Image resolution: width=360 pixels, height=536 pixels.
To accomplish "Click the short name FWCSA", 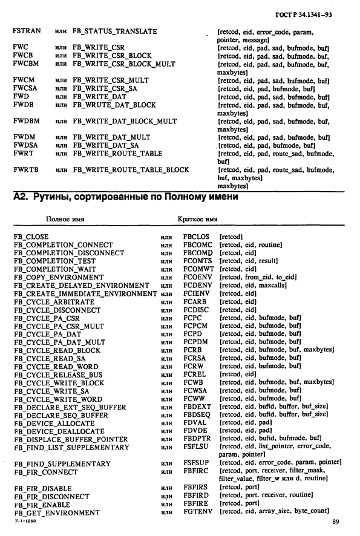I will [25, 88].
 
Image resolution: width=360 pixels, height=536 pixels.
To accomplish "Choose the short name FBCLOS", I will [197, 237].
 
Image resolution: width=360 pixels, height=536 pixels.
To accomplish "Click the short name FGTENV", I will [197, 512].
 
